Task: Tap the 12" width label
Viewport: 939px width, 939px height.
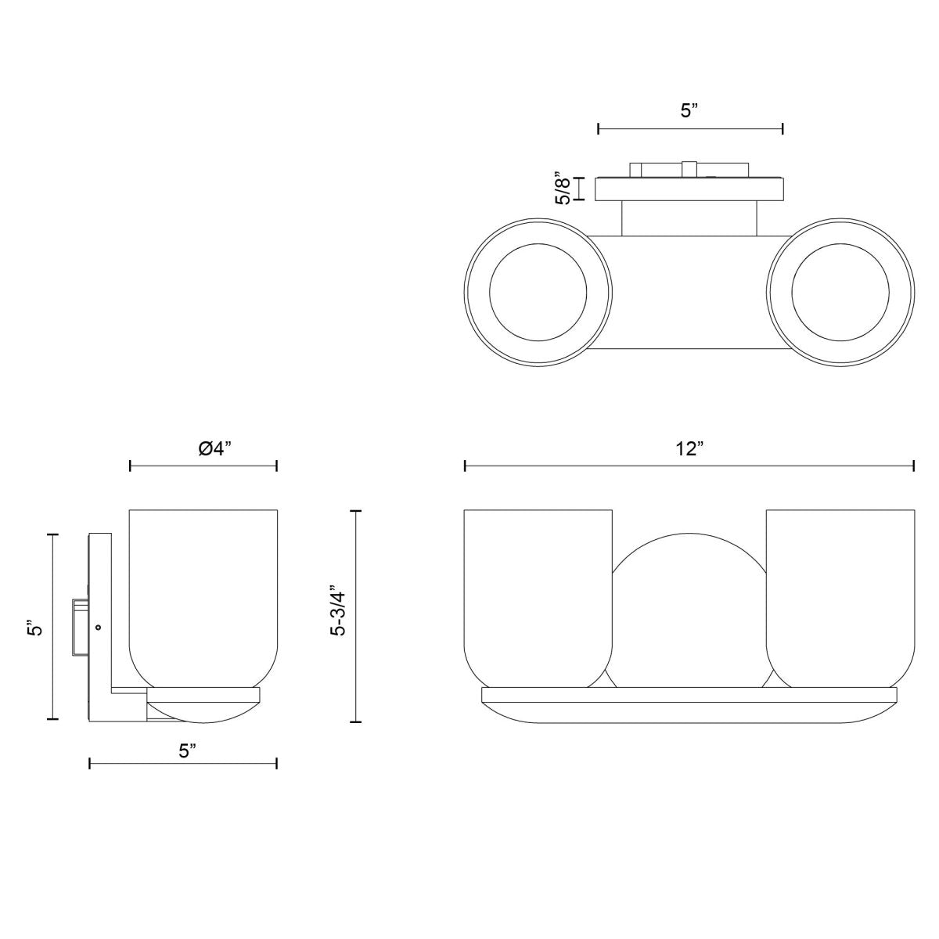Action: pos(689,448)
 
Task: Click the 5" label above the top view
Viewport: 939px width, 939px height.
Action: pos(690,111)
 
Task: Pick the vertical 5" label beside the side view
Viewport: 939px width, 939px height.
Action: pos(35,628)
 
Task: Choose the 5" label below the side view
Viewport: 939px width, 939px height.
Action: pos(188,751)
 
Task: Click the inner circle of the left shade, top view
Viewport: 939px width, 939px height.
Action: pos(538,293)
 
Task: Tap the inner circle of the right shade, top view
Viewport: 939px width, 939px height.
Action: pos(840,293)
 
